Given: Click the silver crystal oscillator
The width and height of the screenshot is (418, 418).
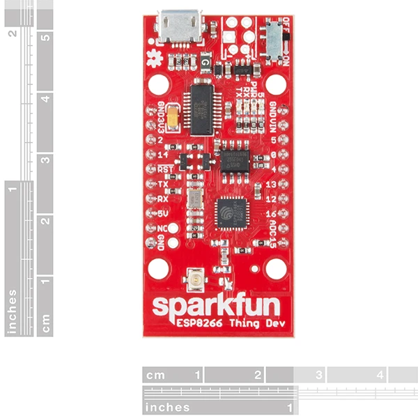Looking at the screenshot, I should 195,199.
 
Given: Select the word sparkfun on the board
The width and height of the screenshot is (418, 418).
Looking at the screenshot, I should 216,307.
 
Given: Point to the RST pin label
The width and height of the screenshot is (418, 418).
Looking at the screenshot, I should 166,169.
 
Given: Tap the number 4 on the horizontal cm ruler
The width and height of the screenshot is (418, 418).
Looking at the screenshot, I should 380,375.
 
